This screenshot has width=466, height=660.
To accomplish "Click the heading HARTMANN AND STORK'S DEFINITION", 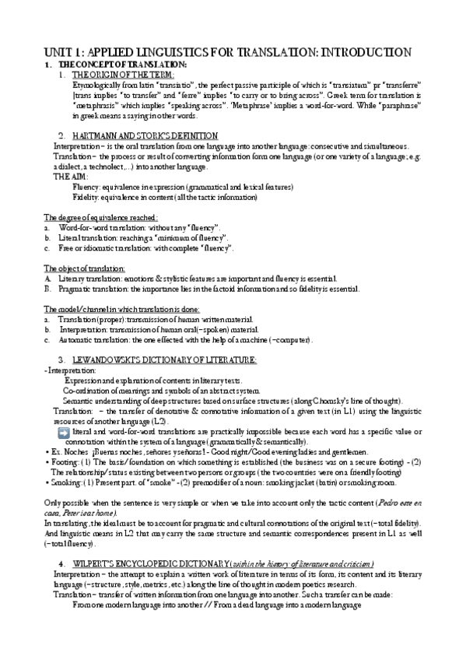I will point(145,135).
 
